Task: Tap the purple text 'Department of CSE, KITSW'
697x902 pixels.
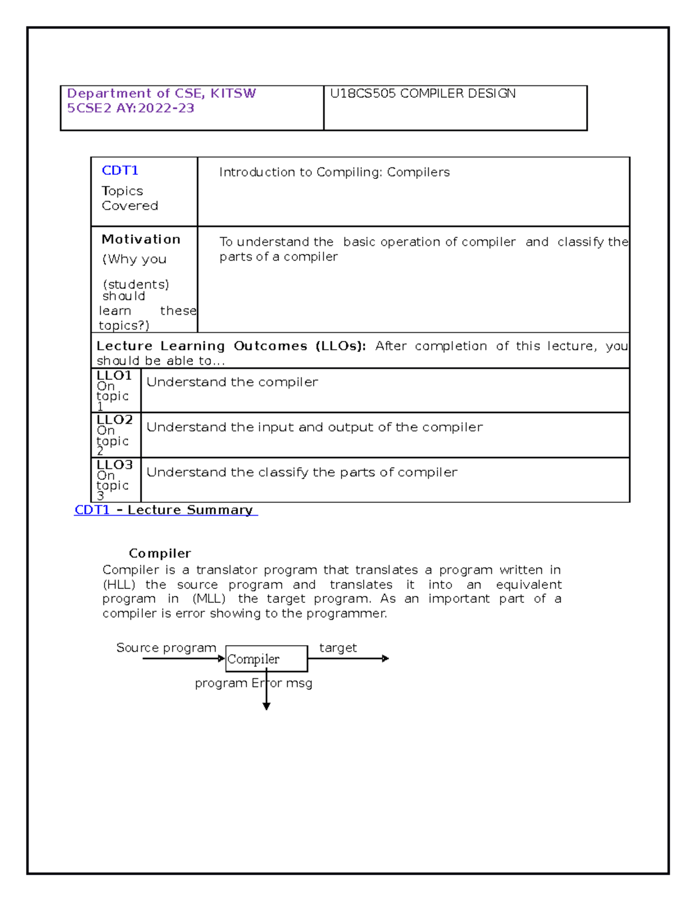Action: coord(161,94)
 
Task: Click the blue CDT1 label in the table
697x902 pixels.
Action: coord(120,170)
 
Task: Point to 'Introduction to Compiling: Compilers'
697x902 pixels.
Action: coord(334,172)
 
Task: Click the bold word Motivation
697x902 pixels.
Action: coord(141,239)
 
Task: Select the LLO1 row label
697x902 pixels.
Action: coord(114,376)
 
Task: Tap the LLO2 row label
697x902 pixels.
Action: coord(114,420)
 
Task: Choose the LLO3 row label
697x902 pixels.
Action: coord(114,465)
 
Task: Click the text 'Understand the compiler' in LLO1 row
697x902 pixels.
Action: coord(232,382)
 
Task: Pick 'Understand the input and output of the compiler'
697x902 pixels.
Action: coord(314,427)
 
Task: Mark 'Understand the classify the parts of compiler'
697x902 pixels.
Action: coord(301,472)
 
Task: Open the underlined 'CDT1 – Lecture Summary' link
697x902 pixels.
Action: coord(166,510)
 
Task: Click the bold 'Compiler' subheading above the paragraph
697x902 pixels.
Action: coord(160,553)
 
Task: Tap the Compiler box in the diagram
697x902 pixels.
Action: coord(267,659)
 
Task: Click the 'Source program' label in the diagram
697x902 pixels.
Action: coord(166,648)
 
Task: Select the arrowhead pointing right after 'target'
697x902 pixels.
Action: coord(385,659)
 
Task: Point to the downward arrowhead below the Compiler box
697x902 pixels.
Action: coord(266,706)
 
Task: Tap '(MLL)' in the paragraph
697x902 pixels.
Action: coord(209,599)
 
